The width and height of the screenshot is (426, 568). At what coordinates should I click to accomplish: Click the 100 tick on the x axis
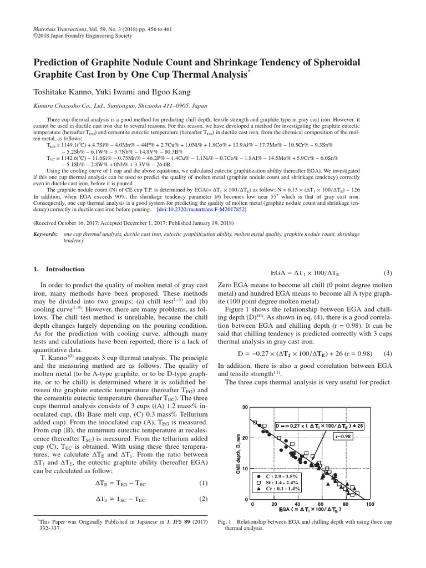[370, 504]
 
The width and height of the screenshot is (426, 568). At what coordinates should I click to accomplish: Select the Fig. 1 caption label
[225, 522]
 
